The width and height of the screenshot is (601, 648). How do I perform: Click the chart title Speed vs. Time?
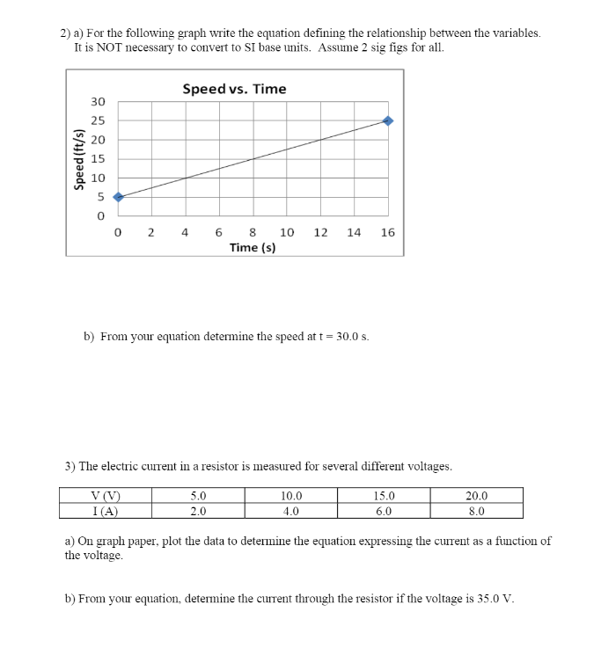coord(234,89)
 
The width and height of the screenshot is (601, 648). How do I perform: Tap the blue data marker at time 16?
coord(388,120)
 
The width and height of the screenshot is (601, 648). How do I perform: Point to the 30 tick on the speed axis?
coord(99,102)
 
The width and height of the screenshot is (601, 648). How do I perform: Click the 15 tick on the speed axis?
coord(99,159)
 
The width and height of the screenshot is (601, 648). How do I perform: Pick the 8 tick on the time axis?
coord(253,233)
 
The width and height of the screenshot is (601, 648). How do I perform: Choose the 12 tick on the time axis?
coord(320,233)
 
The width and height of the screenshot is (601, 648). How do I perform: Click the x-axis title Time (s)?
coord(253,247)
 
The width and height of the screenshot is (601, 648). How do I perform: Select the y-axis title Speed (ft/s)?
coord(79,159)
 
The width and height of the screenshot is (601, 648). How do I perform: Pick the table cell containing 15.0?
coord(385,496)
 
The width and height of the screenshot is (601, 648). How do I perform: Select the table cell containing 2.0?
coord(199,510)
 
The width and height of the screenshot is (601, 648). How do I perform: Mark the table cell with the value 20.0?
coord(477,496)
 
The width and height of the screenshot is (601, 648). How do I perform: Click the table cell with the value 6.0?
coord(385,510)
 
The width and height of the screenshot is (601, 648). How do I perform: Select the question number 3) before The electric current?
coord(70,466)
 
